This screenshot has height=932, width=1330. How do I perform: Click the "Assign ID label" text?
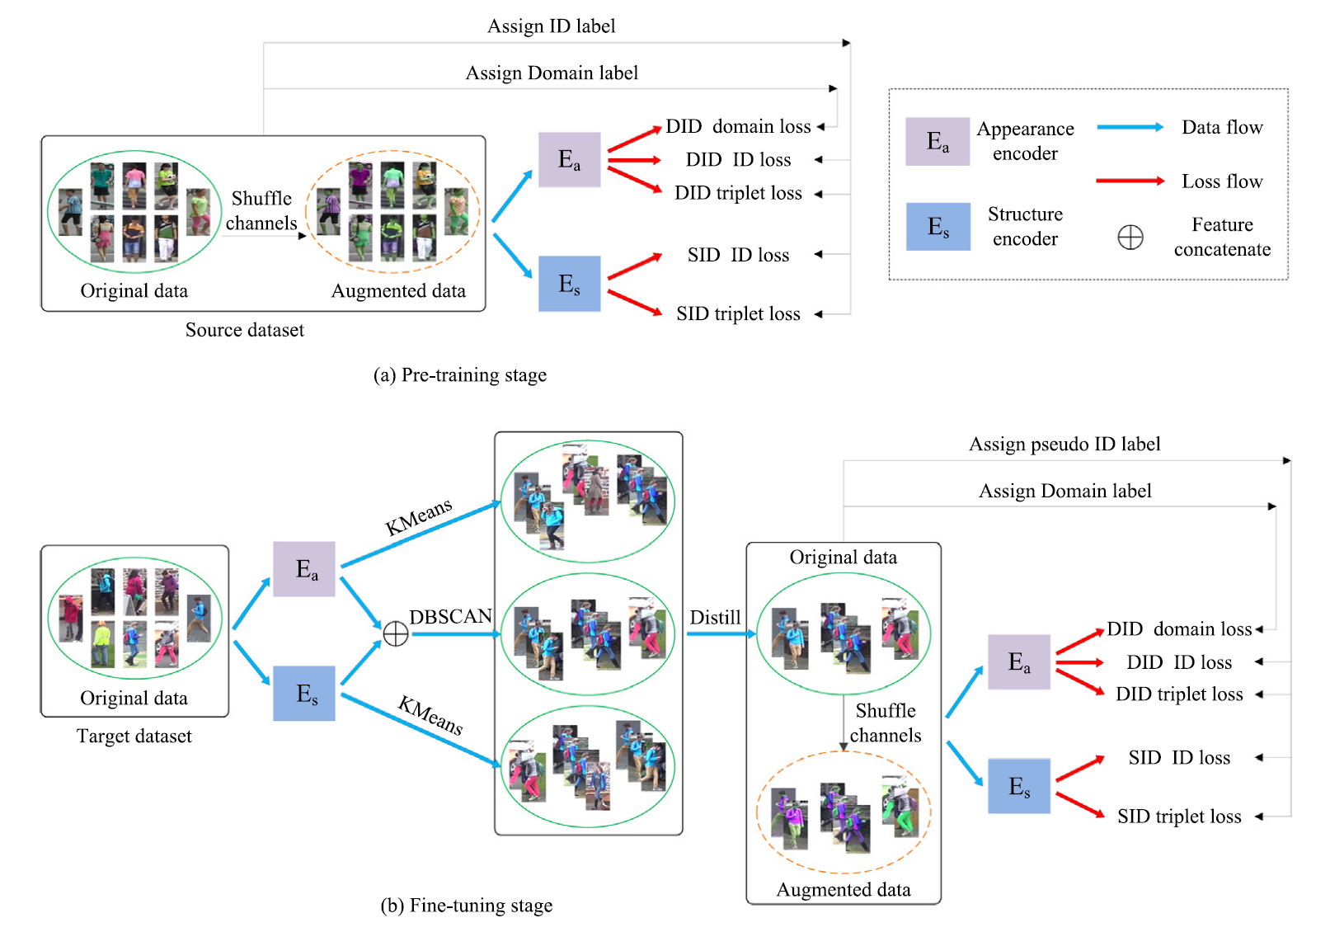click(x=551, y=26)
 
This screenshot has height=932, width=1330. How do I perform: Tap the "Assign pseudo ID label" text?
click(x=1064, y=445)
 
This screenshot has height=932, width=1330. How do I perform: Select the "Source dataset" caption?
click(x=244, y=330)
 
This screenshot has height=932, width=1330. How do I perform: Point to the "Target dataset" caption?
click(x=134, y=737)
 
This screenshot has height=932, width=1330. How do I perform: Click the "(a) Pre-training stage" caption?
click(x=459, y=375)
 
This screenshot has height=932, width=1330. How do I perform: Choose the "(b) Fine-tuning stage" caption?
click(x=466, y=906)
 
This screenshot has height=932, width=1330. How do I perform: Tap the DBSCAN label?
click(x=450, y=617)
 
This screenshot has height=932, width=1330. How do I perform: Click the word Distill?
click(x=715, y=618)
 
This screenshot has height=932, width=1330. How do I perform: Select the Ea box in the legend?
click(x=938, y=142)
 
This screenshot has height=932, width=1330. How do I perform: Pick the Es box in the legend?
click(x=938, y=227)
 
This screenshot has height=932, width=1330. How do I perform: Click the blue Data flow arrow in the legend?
click(x=1130, y=127)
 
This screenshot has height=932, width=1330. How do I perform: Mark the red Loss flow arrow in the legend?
click(x=1130, y=181)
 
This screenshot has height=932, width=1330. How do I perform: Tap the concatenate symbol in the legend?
click(x=1130, y=238)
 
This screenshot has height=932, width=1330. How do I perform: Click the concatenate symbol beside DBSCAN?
click(x=396, y=633)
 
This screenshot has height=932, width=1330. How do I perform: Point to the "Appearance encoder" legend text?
click(x=1025, y=141)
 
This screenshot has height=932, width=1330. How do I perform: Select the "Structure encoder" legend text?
click(x=1025, y=226)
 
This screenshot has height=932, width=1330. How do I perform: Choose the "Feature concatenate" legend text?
click(x=1222, y=237)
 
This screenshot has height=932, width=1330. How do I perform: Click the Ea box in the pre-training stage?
click(x=569, y=159)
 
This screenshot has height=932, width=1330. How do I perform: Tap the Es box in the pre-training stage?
click(x=569, y=284)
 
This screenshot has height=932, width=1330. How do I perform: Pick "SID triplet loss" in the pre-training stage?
click(x=738, y=314)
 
